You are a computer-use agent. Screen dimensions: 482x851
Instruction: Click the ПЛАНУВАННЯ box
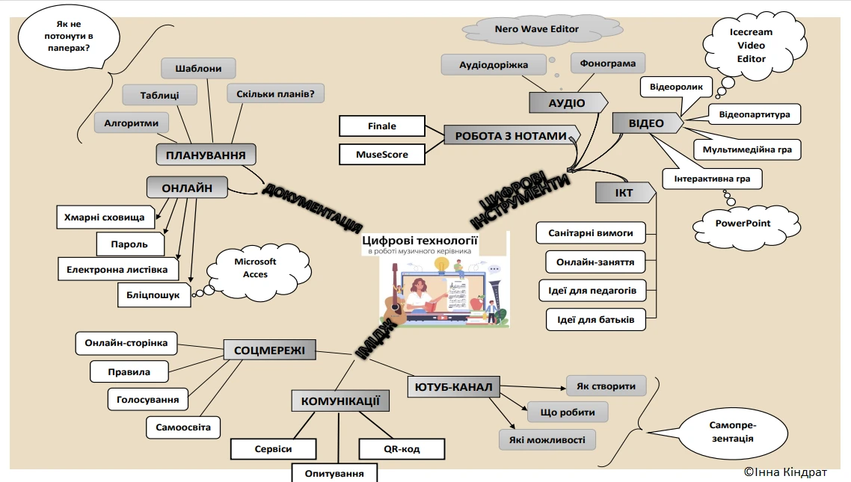(x=206, y=155)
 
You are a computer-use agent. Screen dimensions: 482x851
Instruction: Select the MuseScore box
(x=381, y=154)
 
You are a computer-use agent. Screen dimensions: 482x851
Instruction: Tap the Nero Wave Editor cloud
(x=537, y=30)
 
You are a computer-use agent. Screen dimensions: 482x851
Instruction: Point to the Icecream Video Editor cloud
(x=751, y=46)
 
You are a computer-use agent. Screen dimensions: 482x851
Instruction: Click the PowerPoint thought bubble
(x=742, y=223)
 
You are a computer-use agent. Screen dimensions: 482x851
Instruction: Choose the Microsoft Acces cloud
(x=255, y=268)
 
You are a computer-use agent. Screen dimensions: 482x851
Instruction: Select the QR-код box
(x=402, y=449)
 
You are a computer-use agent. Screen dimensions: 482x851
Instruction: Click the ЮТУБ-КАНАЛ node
(x=452, y=386)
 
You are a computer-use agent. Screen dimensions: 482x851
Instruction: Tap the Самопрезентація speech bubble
(x=731, y=430)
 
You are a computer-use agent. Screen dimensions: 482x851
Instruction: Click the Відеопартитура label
(x=754, y=114)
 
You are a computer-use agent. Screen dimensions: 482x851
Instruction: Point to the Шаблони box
(x=198, y=68)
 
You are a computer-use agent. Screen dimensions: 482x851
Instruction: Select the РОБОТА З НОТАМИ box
(x=511, y=136)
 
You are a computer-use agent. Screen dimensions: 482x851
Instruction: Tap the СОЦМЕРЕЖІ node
(x=269, y=350)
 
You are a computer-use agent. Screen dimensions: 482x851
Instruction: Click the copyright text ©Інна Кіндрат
(x=784, y=472)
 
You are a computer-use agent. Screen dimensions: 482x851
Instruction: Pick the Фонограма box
(x=607, y=64)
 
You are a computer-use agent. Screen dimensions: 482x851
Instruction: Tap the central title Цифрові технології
(x=420, y=240)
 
